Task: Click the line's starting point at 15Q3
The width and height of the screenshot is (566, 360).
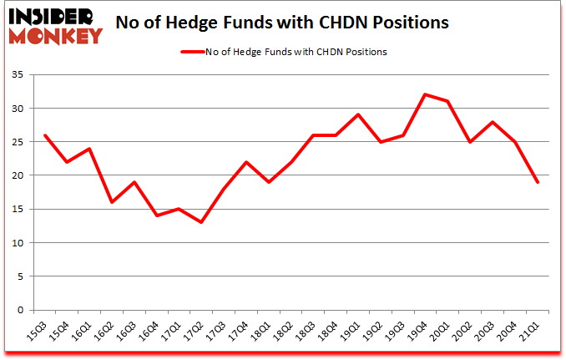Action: tap(45, 135)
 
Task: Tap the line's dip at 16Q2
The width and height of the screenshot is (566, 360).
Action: tap(113, 202)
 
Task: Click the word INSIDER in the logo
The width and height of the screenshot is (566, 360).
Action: tap(52, 16)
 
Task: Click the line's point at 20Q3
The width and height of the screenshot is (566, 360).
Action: tap(495, 122)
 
